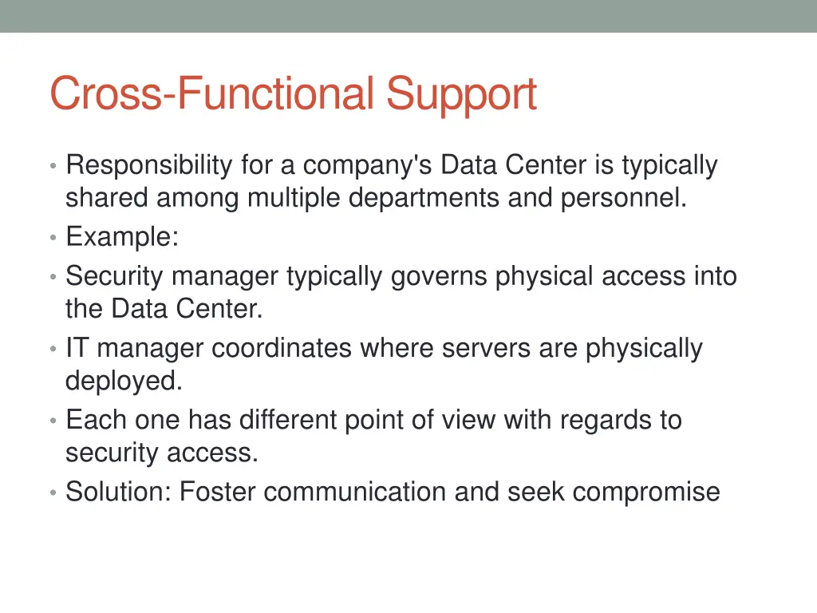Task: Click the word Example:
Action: (x=121, y=238)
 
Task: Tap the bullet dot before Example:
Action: (x=52, y=238)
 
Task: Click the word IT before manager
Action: (x=77, y=349)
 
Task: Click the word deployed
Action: (x=124, y=382)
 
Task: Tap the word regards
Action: (x=605, y=420)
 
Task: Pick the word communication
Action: (x=355, y=492)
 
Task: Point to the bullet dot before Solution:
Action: (x=52, y=492)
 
